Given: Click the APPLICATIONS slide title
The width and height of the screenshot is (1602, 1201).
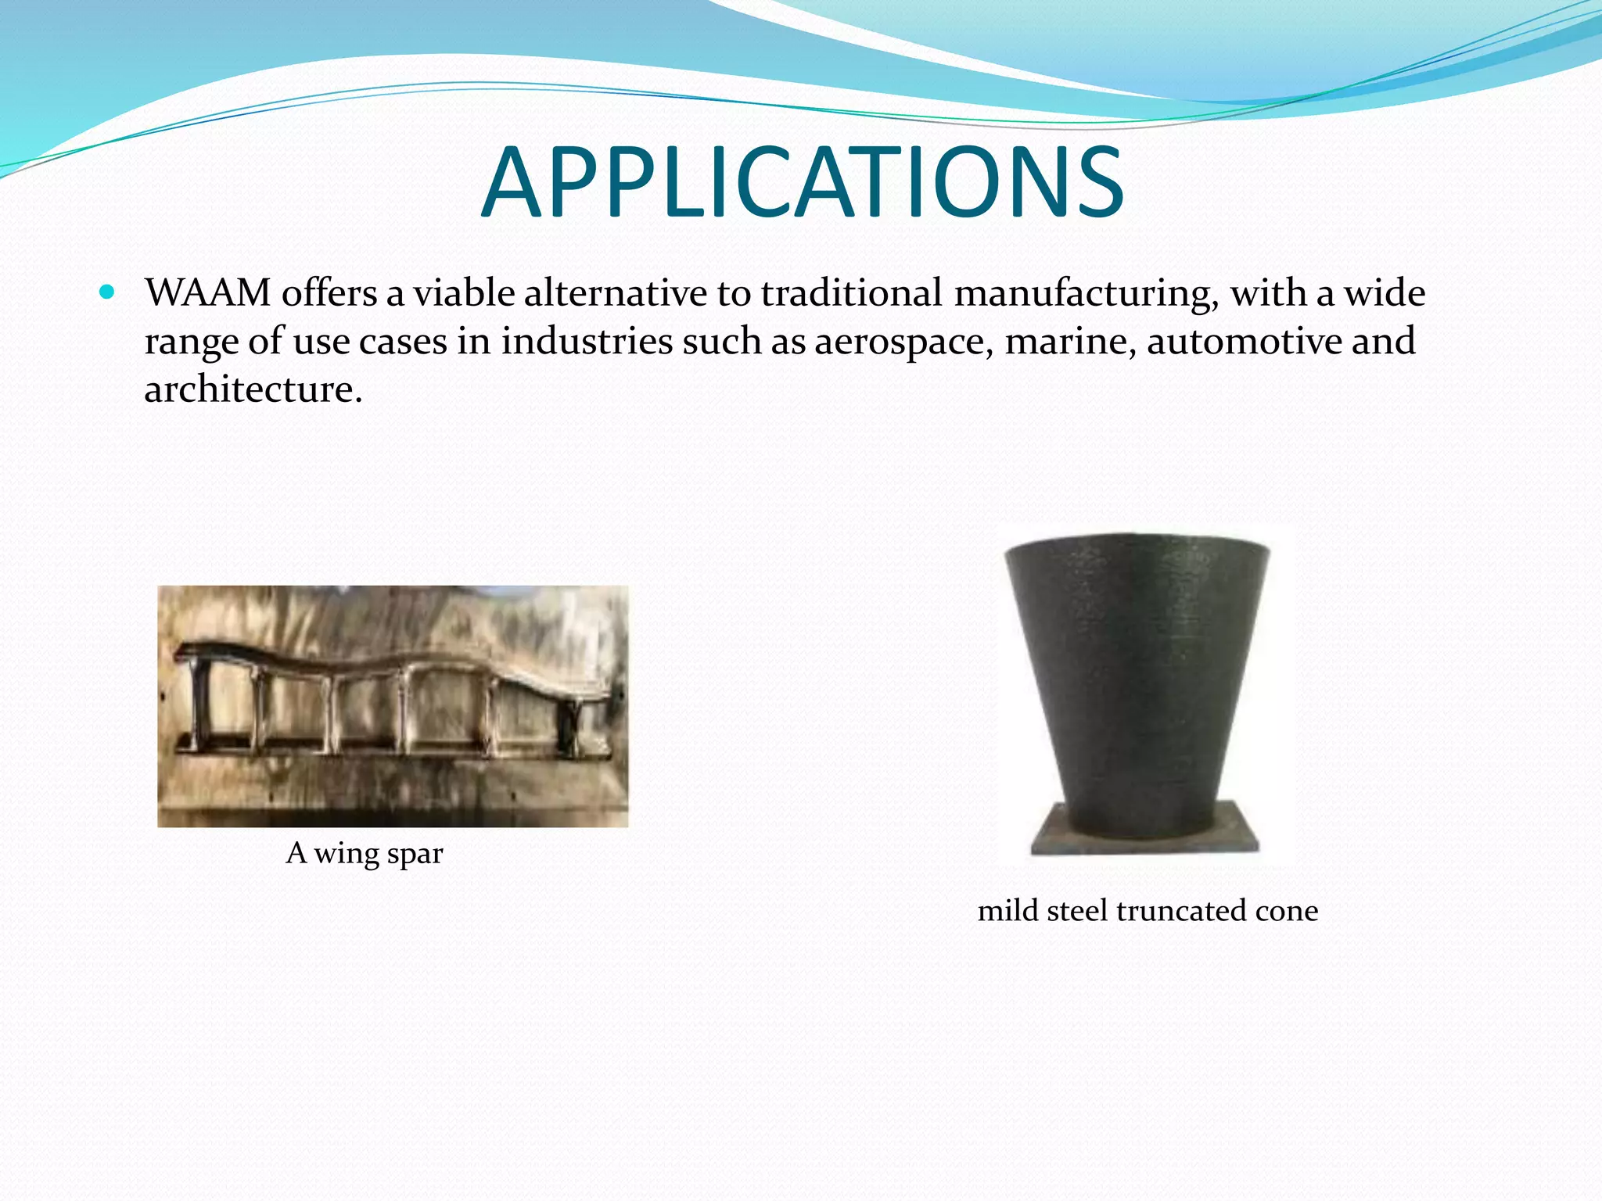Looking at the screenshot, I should coord(801,184).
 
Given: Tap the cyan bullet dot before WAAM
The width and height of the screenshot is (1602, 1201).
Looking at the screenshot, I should coord(107,293).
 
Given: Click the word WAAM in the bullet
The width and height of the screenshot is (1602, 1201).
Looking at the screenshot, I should coord(207,293).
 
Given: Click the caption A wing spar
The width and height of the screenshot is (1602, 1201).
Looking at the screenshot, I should coord(365,853).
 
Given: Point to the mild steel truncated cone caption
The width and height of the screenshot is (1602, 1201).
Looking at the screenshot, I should coord(1148,911).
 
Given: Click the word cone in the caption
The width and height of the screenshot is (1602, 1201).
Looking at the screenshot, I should coord(1287,912).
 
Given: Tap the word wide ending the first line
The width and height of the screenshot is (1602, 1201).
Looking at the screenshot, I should coord(1385,293).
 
